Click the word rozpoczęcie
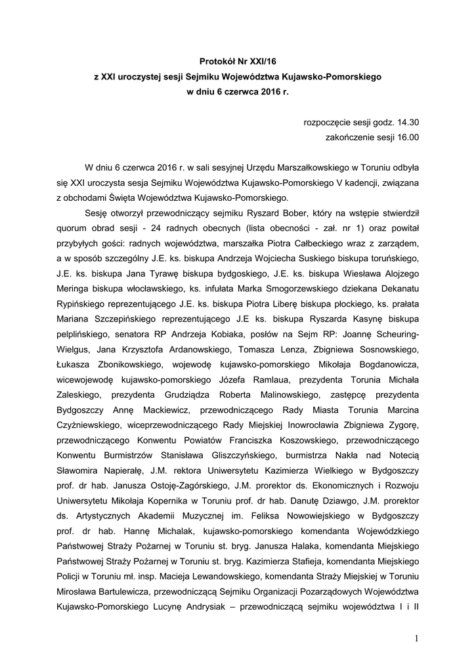pyautogui.click(x=325, y=122)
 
